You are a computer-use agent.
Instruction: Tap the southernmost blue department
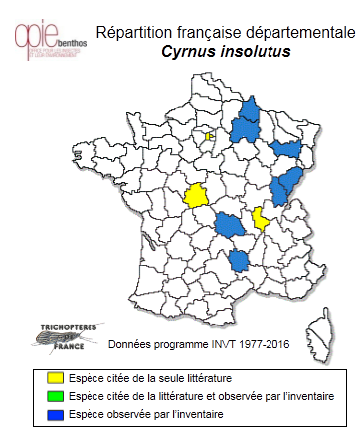pos(240,260)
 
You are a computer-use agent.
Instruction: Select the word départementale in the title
pos(296,31)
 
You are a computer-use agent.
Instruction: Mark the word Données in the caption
pos(130,344)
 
